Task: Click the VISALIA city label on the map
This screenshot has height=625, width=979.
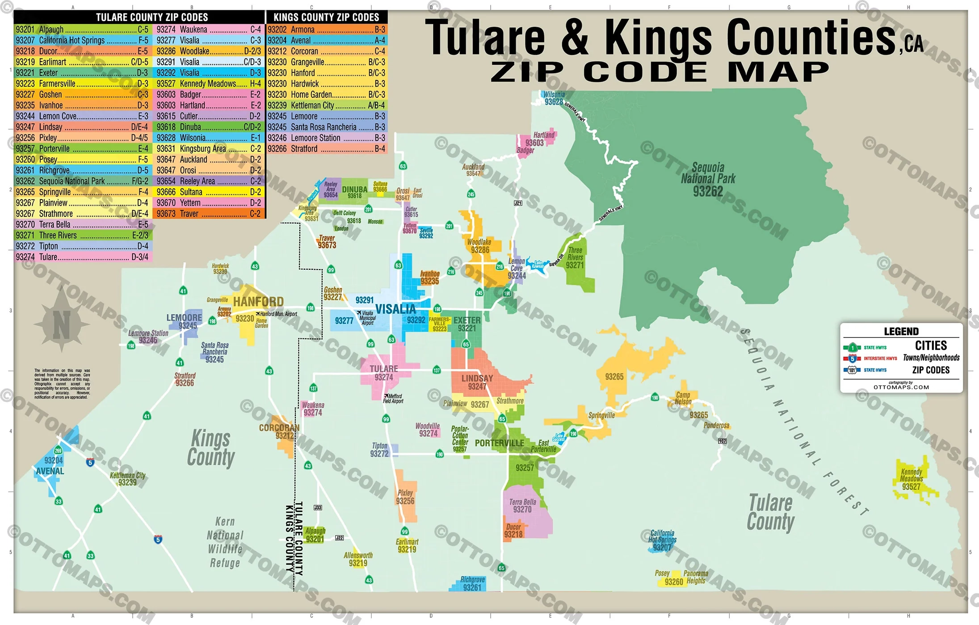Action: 395,309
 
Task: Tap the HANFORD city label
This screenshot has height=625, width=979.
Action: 258,302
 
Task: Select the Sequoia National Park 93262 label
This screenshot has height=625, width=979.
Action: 708,179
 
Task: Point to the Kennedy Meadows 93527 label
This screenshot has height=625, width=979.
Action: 911,479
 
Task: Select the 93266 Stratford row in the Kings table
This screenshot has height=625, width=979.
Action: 326,149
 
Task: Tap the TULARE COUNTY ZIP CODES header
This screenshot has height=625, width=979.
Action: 151,17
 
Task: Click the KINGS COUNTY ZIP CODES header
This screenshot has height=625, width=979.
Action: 326,17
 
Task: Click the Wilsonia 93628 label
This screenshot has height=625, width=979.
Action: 554,98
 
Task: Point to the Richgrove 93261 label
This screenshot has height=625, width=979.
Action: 472,583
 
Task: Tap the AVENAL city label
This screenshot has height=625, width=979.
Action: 50,471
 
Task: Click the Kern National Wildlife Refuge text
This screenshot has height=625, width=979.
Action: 225,542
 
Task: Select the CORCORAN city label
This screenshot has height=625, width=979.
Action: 279,428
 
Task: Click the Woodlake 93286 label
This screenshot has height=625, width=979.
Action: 479,246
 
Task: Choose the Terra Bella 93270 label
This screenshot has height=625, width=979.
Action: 522,506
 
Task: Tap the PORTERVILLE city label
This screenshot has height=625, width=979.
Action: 499,443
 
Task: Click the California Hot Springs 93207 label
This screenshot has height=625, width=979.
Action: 662,540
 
